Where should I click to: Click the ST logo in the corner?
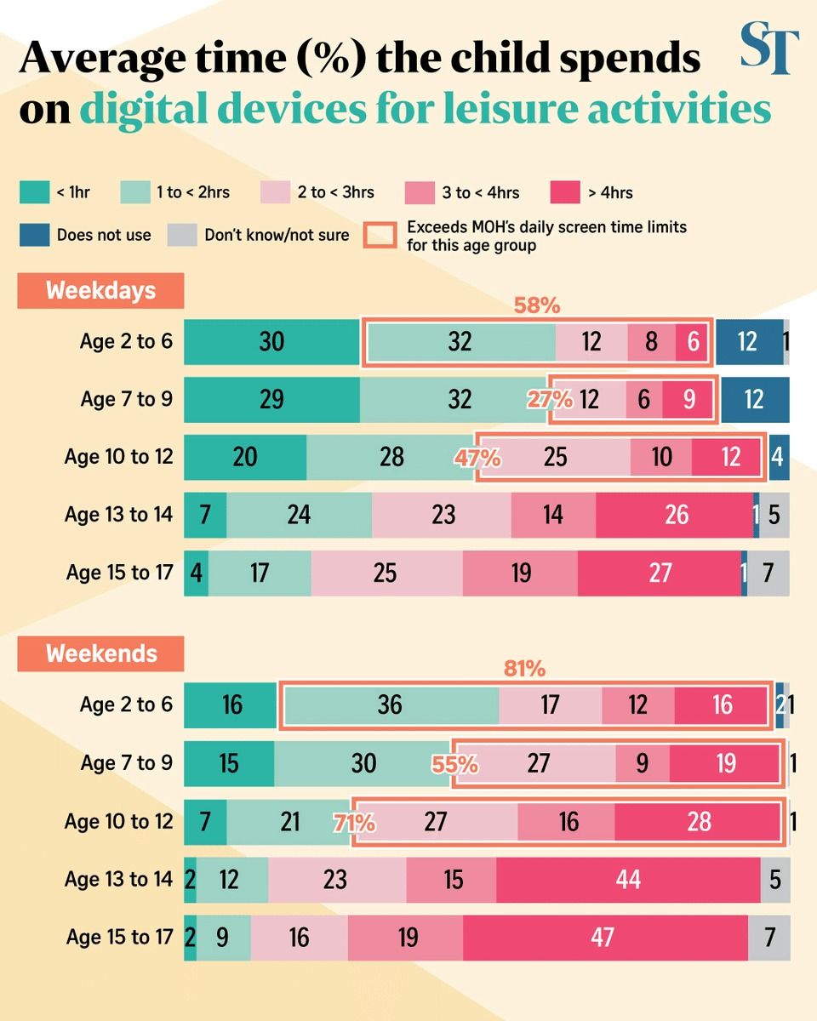pyautogui.click(x=769, y=49)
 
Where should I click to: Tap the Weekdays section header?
pyautogui.click(x=100, y=290)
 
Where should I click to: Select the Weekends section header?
pyautogui.click(x=100, y=653)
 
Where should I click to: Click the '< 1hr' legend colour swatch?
pyautogui.click(x=34, y=192)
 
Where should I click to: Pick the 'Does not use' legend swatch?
pyautogui.click(x=34, y=235)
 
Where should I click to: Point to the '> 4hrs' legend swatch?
pyautogui.click(x=565, y=192)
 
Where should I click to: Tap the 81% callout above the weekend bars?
pyautogui.click(x=524, y=669)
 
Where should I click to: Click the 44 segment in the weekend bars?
pyautogui.click(x=627, y=879)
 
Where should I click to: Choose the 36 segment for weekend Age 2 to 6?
pyautogui.click(x=390, y=705)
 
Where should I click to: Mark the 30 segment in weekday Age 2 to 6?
pyautogui.click(x=271, y=341)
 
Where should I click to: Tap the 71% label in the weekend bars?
pyautogui.click(x=355, y=823)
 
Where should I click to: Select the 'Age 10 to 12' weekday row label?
pyautogui.click(x=118, y=457)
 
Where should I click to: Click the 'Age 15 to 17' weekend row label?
pyautogui.click(x=119, y=937)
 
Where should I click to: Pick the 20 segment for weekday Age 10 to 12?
pyautogui.click(x=244, y=457)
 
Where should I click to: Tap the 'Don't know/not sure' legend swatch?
pyautogui.click(x=181, y=235)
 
